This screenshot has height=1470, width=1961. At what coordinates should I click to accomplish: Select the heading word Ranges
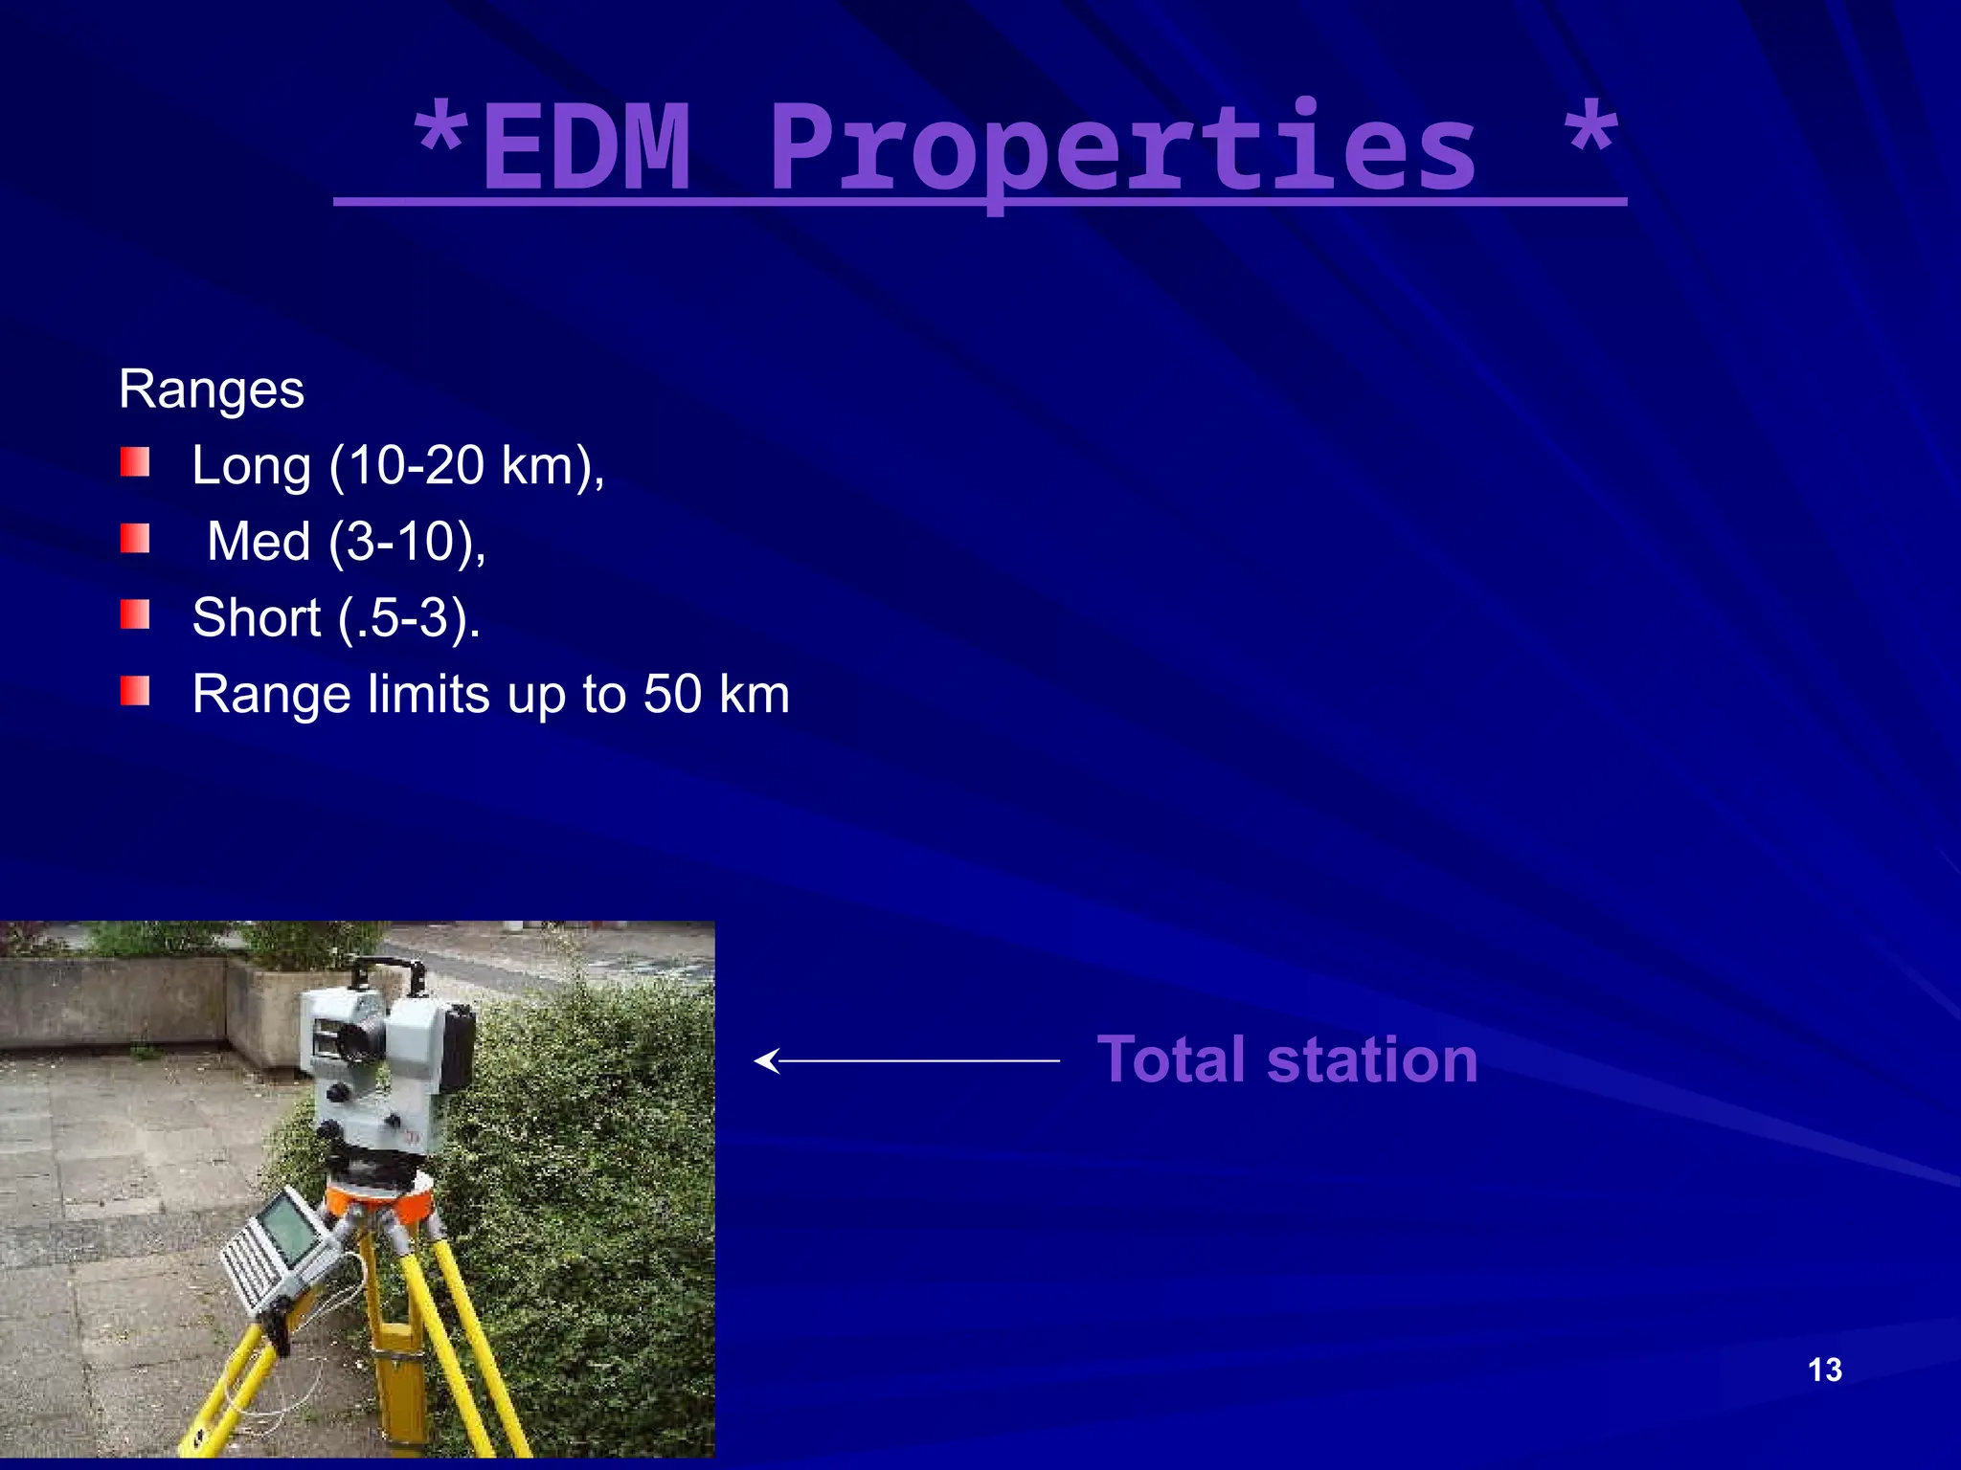click(x=212, y=390)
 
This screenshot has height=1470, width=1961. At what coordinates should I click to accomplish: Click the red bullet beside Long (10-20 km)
click(x=135, y=462)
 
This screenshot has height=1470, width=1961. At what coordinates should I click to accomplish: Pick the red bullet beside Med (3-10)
click(x=135, y=538)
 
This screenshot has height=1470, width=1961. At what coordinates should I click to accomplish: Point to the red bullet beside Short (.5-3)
click(x=135, y=614)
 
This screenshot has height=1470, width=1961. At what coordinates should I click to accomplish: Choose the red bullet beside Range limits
click(x=135, y=690)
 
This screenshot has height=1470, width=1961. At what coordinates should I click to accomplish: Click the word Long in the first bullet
click(x=251, y=466)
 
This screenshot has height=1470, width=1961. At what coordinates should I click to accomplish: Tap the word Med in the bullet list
click(x=259, y=542)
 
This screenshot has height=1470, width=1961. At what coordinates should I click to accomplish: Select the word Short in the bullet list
click(x=256, y=617)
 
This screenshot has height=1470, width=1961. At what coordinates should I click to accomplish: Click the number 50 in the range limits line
click(x=672, y=694)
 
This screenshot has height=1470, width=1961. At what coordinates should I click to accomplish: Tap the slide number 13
click(x=1825, y=1370)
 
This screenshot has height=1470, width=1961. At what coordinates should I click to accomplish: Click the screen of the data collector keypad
click(x=287, y=1230)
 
